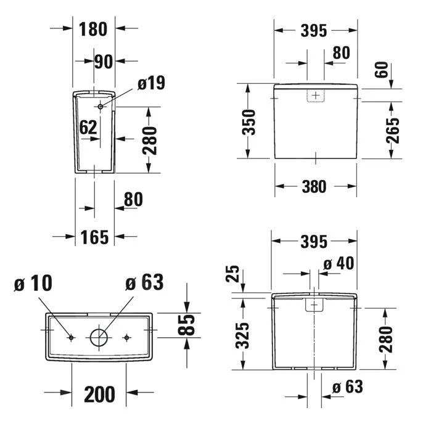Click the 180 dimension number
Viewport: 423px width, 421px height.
[x=93, y=29]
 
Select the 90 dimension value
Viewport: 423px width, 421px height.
[x=104, y=62]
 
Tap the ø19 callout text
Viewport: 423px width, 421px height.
[x=151, y=83]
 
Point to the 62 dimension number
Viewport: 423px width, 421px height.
[x=88, y=128]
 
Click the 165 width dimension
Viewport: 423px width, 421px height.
[x=94, y=237]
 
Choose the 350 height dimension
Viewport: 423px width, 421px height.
[x=248, y=122]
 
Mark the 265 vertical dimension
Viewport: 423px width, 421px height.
[x=393, y=131]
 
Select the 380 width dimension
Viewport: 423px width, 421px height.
[x=314, y=187]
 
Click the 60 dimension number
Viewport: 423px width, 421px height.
[x=382, y=70]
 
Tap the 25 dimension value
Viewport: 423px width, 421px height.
[x=232, y=274]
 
